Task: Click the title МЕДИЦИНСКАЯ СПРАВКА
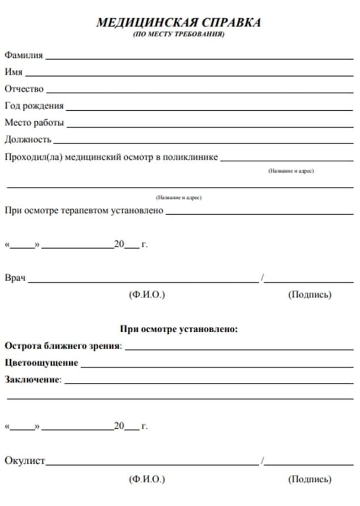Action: tap(179, 23)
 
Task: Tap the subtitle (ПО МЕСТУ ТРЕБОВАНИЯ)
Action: tap(179, 35)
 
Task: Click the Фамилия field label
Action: tap(24, 56)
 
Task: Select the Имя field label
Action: tap(14, 72)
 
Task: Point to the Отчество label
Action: tap(24, 89)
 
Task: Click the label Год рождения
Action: tap(34, 106)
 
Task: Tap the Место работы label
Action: tap(34, 123)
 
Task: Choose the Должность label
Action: tap(28, 139)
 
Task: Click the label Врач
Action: tap(15, 278)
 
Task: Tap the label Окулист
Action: tap(24, 461)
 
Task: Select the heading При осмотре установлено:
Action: tap(179, 329)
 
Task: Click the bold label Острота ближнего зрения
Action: tap(62, 345)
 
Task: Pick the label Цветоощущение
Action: tap(41, 362)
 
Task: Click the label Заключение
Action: tap(32, 379)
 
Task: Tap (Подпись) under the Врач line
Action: tap(310, 295)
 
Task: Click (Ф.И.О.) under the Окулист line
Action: tap(147, 479)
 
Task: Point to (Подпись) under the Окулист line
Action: tap(310, 479)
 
